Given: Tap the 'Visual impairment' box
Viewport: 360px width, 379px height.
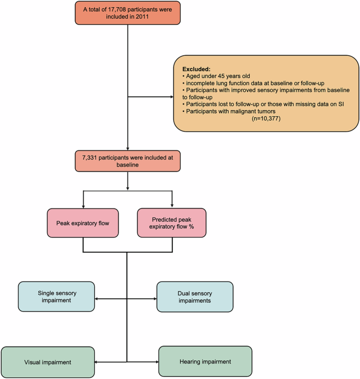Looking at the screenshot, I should pos(48,363).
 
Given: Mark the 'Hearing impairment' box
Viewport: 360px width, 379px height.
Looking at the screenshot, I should pos(205,362).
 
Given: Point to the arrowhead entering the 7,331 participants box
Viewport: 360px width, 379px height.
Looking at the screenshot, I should pos(128,148).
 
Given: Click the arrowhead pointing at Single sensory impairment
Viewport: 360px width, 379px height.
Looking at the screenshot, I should pos(97,299).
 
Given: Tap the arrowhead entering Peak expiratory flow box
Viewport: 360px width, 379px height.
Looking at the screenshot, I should pos(83,205).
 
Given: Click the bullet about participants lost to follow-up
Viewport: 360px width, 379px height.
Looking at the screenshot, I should pos(258,103).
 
